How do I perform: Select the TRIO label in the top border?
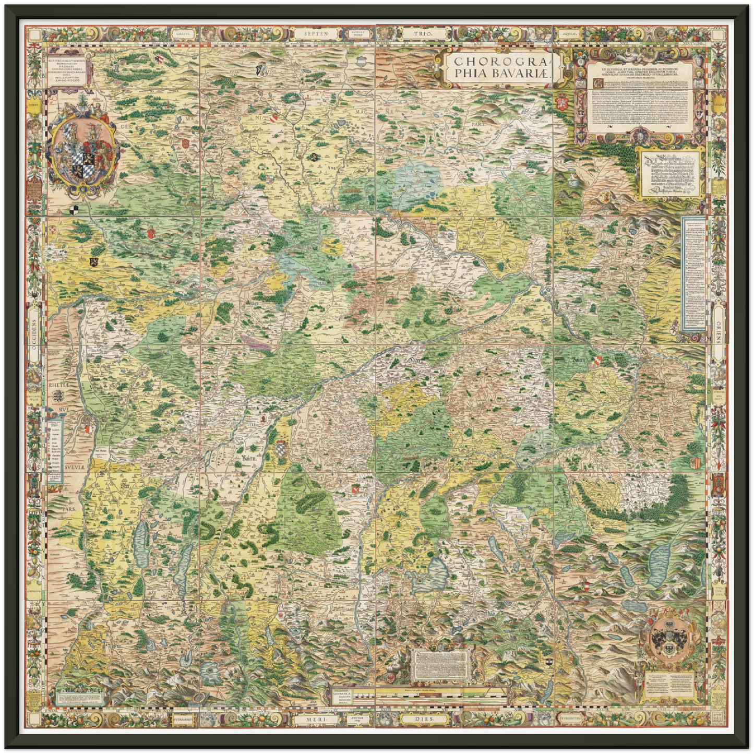point(423,33)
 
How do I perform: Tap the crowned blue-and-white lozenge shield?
point(282,449)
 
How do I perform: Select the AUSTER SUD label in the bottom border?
point(359,719)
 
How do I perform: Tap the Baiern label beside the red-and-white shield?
point(579,360)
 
